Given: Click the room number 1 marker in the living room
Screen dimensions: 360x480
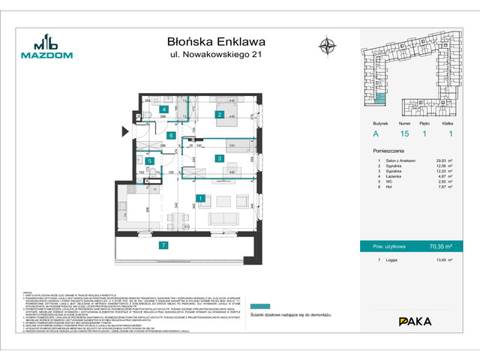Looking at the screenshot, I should pos(202,199).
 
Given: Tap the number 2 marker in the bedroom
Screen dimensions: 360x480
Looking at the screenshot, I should pos(219,115).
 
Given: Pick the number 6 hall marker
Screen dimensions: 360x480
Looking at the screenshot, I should pos(171,136).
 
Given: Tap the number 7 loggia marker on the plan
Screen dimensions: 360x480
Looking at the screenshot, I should pos(163,245).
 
